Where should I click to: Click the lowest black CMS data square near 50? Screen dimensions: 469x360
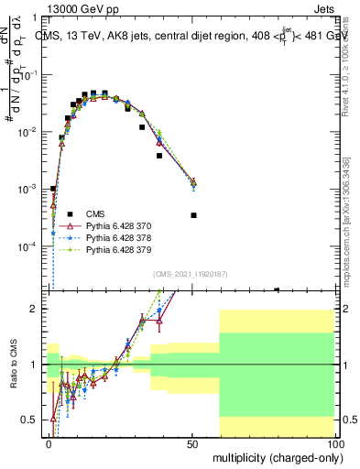click(x=193, y=215)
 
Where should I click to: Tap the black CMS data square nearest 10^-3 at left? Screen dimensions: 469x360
click(x=53, y=188)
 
